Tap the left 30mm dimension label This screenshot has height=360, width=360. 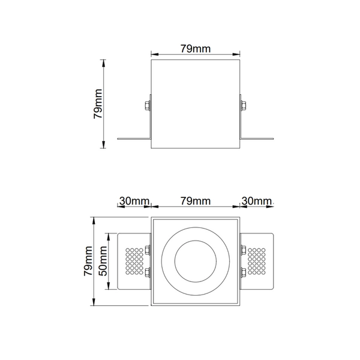coord(134,200)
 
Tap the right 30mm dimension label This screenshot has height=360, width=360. coord(256,200)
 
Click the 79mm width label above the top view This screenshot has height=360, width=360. coord(195,200)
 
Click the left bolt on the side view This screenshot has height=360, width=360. coord(147,107)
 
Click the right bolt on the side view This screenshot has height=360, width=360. coord(244,107)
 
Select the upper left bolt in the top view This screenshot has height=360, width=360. coord(148,250)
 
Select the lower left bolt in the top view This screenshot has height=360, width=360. coord(148,274)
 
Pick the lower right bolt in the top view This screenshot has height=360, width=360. coord(243,274)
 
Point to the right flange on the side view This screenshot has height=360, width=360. coord(258,139)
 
